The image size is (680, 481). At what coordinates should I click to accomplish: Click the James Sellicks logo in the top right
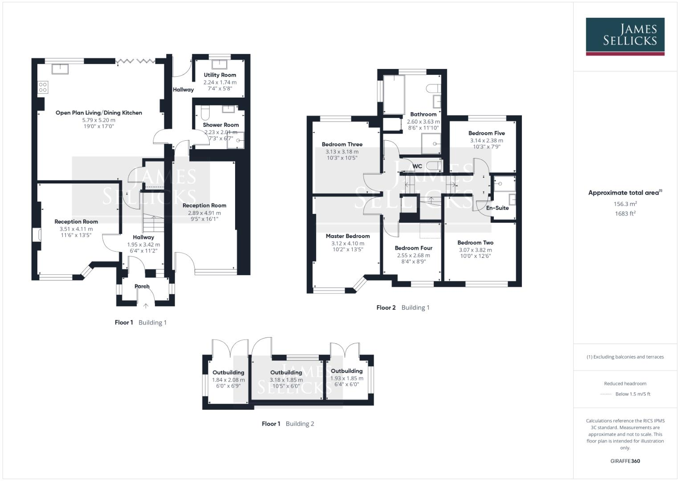[625, 36]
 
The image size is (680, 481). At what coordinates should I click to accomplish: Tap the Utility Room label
[220, 75]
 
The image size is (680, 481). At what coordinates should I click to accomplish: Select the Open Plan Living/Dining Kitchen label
[99, 113]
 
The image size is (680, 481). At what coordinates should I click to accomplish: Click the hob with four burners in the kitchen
[43, 87]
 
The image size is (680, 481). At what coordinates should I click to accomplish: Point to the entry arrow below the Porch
[146, 306]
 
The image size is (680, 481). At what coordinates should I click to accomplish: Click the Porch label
[142, 286]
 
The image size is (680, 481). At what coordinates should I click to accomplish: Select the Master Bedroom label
[347, 236]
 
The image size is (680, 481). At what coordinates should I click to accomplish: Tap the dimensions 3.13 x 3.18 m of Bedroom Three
[342, 152]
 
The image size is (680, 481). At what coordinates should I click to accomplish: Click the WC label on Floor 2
[417, 167]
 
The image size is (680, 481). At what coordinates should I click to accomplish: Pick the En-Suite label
[497, 208]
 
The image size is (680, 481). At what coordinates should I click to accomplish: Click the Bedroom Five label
[486, 133]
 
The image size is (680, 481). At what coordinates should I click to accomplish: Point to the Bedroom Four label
[413, 248]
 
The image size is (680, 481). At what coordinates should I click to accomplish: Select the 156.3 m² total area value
[625, 204]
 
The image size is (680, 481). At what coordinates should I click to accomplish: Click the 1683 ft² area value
[625, 214]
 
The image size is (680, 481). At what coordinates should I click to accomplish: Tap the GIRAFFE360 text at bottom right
[625, 461]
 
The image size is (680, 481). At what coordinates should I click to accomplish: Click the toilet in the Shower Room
[205, 113]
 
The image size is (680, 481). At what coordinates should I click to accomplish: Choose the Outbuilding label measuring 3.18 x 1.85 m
[286, 372]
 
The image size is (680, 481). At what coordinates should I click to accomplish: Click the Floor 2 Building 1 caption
[403, 308]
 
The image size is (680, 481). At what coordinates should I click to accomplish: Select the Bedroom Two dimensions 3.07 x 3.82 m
[475, 250]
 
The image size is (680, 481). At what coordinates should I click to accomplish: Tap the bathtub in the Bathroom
[394, 94]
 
